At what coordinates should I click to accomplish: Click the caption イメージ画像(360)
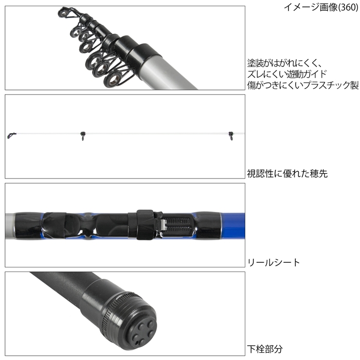point(321,7)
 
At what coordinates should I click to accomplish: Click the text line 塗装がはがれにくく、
point(285,63)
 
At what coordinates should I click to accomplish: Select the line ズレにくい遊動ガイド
point(287,74)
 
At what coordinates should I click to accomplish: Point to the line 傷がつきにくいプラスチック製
point(303,85)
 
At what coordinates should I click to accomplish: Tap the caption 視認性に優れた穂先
point(287,174)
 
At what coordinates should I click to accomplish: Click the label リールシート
point(274,262)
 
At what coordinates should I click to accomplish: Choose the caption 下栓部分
point(265,349)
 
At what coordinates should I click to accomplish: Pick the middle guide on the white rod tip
point(83,135)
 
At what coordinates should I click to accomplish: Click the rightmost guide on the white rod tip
point(231,135)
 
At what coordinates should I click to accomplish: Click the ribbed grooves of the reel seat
point(178,224)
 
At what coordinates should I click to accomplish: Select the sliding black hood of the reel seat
point(145,225)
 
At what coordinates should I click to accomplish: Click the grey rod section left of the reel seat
point(10,226)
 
